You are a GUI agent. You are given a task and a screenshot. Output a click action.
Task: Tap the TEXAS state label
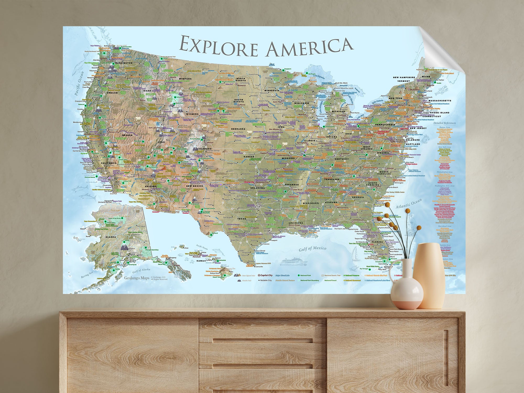(242, 219)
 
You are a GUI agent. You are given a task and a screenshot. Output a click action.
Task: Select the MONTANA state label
(185, 79)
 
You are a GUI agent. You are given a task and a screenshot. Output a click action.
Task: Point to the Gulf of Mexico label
(313, 249)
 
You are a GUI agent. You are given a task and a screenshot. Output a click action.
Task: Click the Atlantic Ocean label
(409, 204)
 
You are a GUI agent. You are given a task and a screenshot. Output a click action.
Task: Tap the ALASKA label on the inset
(111, 237)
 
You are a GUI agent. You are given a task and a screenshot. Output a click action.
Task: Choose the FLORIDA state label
(378, 242)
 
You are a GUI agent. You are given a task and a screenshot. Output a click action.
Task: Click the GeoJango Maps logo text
(137, 278)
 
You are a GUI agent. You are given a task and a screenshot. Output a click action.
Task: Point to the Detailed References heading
(444, 123)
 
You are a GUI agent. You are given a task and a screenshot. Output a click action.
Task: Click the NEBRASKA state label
(238, 129)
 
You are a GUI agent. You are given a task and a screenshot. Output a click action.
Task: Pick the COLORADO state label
(204, 149)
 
